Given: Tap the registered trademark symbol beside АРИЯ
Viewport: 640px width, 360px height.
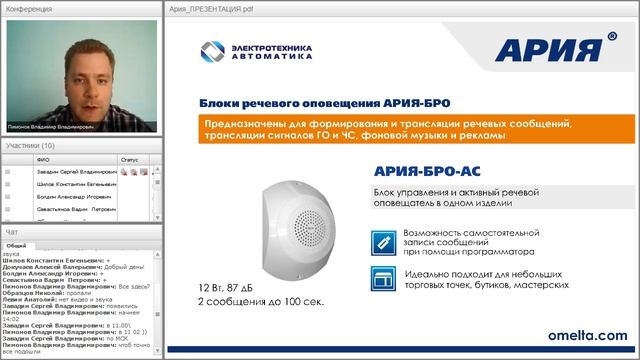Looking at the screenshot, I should coord(611,37).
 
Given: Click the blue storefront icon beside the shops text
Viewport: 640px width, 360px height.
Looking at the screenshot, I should coord(380,285).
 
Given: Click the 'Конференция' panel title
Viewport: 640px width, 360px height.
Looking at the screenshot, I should coord(28,8).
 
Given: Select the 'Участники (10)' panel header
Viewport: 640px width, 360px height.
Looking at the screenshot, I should coord(32,145).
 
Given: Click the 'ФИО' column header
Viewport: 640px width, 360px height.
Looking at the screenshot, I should coord(41,158).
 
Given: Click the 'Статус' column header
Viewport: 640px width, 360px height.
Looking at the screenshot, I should coord(129,158).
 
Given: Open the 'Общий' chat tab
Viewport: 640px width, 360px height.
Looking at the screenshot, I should coord(16,244).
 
